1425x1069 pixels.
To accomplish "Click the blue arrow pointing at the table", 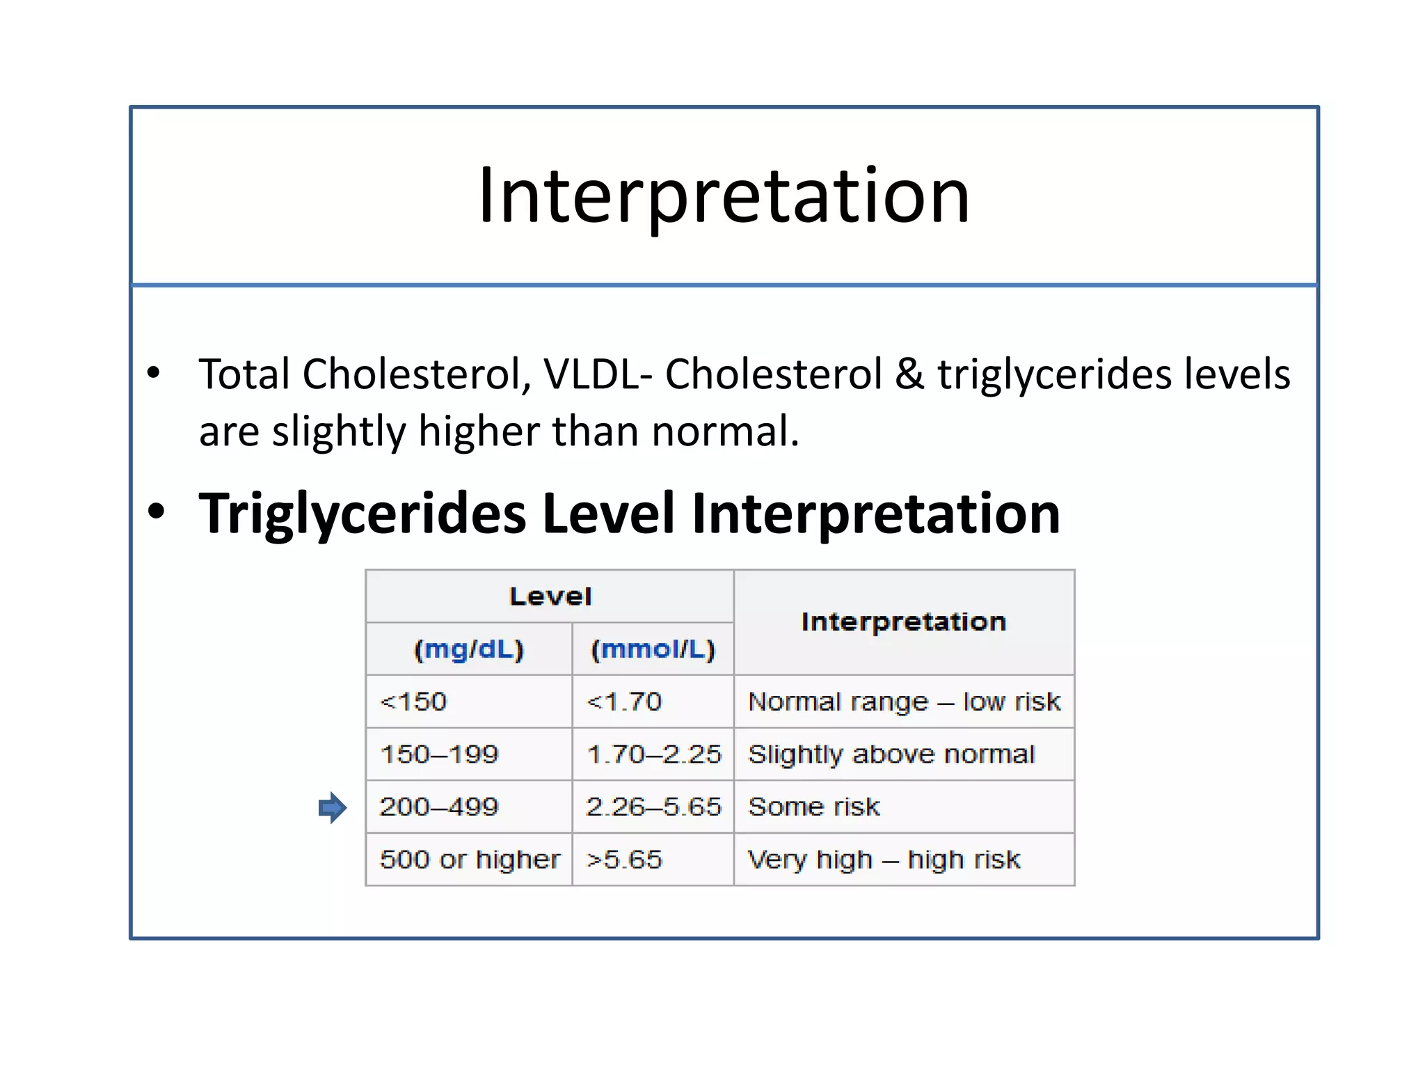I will pyautogui.click(x=333, y=807).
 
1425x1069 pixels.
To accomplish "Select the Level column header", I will pyautogui.click(x=550, y=596).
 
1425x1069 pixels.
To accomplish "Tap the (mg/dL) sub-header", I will pyautogui.click(x=468, y=649).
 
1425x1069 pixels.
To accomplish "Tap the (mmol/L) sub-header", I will pyautogui.click(x=653, y=649).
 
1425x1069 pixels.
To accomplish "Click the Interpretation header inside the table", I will pyautogui.click(x=903, y=621).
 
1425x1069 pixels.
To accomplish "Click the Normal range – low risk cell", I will pyautogui.click(x=903, y=702).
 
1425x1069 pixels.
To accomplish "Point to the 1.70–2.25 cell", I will pyautogui.click(x=653, y=754).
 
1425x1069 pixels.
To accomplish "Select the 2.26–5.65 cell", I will pyautogui.click(x=653, y=807).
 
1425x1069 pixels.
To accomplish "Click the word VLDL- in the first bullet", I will pyautogui.click(x=598, y=374).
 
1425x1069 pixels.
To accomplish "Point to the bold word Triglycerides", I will pyautogui.click(x=362, y=514).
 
